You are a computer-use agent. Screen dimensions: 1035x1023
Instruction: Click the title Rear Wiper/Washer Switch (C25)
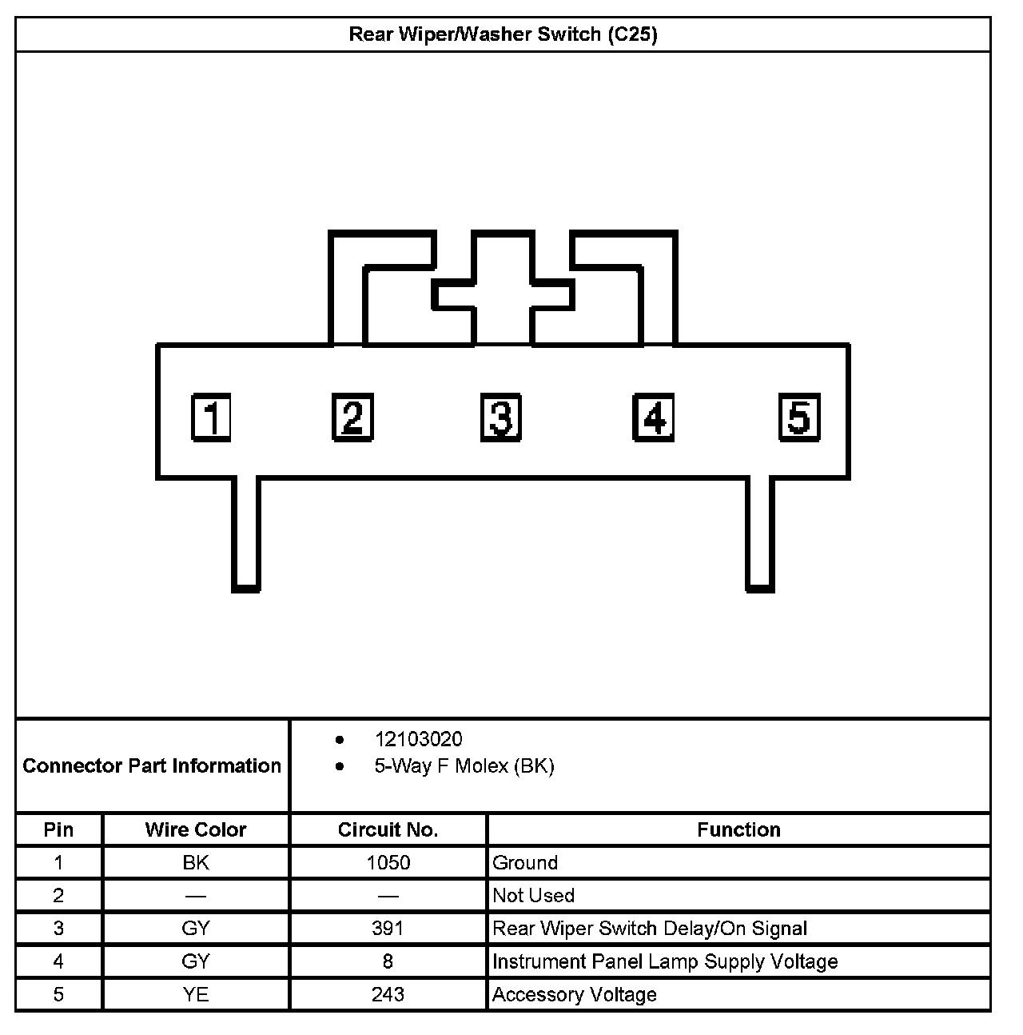click(503, 34)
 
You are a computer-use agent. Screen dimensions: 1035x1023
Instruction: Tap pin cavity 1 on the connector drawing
click(212, 417)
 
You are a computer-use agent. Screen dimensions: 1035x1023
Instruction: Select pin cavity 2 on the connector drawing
click(352, 417)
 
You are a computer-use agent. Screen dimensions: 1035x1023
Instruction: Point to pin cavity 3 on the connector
click(501, 417)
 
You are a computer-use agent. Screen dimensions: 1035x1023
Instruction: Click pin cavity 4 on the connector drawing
click(653, 417)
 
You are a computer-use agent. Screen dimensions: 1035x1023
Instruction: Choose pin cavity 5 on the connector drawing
click(799, 417)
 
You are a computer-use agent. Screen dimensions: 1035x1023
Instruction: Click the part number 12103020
click(418, 739)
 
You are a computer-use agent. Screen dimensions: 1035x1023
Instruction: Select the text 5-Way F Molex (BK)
click(464, 766)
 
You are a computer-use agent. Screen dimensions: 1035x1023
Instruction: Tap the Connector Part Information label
click(152, 765)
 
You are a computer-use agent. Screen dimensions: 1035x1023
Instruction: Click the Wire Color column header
click(196, 829)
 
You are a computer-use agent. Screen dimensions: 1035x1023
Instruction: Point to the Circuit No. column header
click(388, 829)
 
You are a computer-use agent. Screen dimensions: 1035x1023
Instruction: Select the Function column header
click(738, 829)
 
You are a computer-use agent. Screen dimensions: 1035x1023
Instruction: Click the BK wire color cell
click(196, 862)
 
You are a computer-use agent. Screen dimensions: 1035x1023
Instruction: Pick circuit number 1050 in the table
click(388, 862)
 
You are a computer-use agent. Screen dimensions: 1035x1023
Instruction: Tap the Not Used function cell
click(533, 895)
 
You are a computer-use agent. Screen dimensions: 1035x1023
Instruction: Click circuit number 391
click(388, 928)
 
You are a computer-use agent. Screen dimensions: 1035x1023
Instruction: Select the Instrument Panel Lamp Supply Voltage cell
click(665, 961)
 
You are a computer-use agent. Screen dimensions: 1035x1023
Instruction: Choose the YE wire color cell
click(196, 994)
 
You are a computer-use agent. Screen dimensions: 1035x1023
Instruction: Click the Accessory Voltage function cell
click(574, 994)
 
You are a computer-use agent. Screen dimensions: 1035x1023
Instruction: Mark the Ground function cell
click(525, 862)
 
